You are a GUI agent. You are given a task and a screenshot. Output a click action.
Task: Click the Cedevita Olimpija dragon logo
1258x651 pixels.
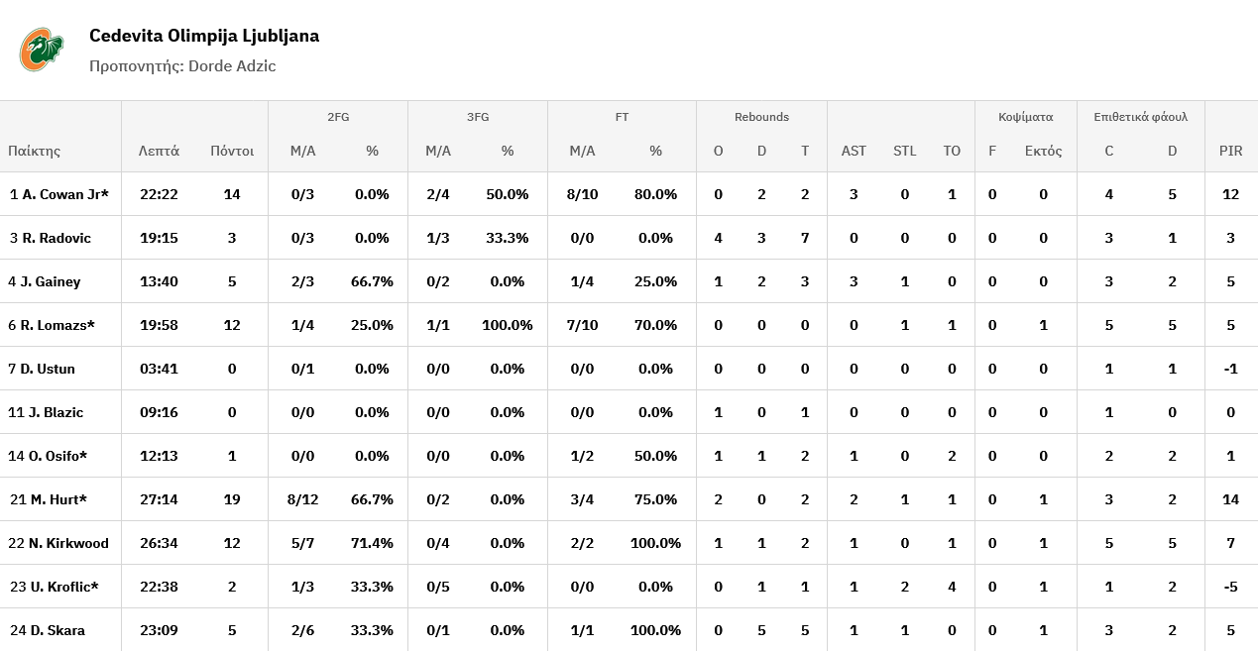point(42,50)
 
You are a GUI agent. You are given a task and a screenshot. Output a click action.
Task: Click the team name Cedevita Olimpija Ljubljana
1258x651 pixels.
point(204,36)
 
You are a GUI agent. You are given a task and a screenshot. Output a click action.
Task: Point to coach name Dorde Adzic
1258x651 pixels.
point(232,66)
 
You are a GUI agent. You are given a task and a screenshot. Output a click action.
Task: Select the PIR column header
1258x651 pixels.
point(1230,151)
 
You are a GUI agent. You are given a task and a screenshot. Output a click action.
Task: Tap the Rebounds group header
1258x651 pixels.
point(761,117)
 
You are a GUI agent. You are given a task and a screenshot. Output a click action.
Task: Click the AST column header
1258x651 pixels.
point(854,151)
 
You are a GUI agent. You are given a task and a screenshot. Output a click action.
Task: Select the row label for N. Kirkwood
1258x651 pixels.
point(58,543)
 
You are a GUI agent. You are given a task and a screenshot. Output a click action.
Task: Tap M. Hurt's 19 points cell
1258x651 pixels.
point(232,499)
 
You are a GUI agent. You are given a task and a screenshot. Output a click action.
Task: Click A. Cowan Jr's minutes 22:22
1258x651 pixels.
point(159,194)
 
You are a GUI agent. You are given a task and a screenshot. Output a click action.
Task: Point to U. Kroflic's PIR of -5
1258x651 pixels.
point(1230,587)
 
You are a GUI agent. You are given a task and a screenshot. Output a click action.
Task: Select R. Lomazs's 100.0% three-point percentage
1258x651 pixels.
point(508,325)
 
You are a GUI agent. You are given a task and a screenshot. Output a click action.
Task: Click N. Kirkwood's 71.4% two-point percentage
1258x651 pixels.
point(372,543)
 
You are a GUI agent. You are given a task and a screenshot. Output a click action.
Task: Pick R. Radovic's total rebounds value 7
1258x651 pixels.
point(805,238)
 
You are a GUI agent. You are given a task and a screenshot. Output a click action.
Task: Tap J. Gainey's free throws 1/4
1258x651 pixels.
point(582,281)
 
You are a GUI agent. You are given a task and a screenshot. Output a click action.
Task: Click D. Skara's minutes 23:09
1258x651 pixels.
point(159,630)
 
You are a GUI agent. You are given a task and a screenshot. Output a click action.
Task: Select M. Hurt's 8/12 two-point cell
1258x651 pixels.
point(302,499)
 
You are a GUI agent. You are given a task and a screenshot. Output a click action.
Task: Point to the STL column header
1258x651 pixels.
point(905,151)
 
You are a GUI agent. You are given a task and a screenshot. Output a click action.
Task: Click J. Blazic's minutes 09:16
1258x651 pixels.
point(159,412)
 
